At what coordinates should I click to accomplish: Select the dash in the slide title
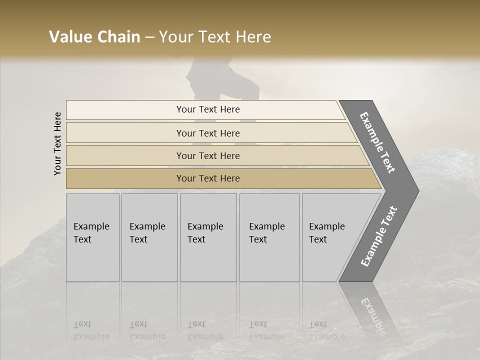pos(149,37)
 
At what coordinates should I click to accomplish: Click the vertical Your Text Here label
pos(57,143)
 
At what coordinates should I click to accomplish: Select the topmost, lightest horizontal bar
pos(205,109)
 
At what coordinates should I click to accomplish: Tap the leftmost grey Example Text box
pos(92,237)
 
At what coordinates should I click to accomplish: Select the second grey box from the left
pos(149,237)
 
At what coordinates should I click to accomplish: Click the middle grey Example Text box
pos(208,237)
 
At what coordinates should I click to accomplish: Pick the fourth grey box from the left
pos(269,237)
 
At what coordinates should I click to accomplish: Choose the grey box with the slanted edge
pos(330,237)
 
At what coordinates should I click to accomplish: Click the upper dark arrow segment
pos(380,142)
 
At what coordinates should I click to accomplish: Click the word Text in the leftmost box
pos(82,239)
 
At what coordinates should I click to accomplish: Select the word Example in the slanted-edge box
pos(327,226)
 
